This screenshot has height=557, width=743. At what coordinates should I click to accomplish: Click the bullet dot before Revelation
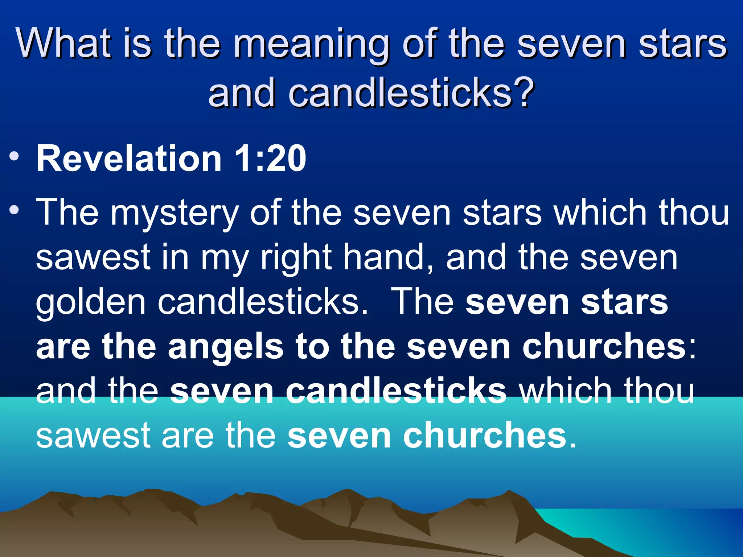click(15, 157)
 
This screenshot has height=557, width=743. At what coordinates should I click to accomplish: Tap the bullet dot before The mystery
click(15, 210)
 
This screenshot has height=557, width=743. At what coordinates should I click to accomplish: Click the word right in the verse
click(296, 258)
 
